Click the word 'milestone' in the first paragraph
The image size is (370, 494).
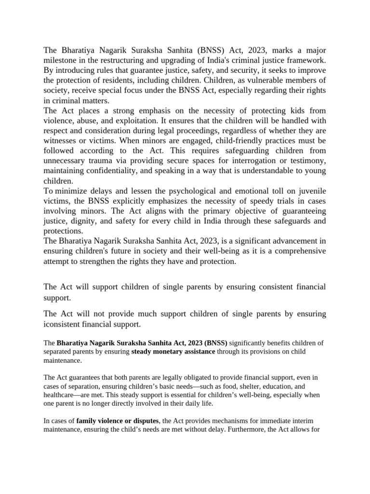click(x=61, y=60)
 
